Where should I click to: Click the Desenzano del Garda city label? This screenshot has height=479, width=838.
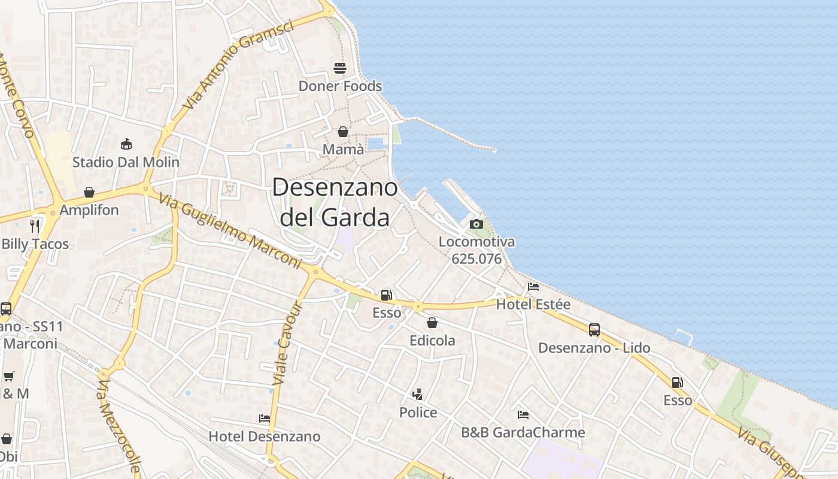pyautogui.click(x=335, y=202)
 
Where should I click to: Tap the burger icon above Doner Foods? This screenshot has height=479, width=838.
pyautogui.click(x=340, y=68)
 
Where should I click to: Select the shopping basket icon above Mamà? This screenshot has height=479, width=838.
pyautogui.click(x=343, y=132)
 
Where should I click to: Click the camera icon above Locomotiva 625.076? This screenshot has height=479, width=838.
pyautogui.click(x=476, y=224)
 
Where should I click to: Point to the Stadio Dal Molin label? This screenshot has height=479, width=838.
pyautogui.click(x=126, y=162)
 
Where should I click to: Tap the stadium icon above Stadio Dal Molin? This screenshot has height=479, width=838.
pyautogui.click(x=126, y=144)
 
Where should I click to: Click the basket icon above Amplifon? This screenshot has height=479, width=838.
pyautogui.click(x=89, y=192)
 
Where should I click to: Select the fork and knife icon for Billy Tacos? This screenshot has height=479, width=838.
pyautogui.click(x=35, y=226)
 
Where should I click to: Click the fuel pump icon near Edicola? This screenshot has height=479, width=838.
pyautogui.click(x=387, y=295)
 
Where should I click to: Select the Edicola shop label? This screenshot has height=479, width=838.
pyautogui.click(x=432, y=341)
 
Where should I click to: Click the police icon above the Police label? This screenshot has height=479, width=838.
pyautogui.click(x=418, y=394)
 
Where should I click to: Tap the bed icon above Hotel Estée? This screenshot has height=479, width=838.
pyautogui.click(x=533, y=286)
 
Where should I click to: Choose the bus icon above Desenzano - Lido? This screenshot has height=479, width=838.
pyautogui.click(x=594, y=329)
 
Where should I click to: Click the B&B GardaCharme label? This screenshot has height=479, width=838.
pyautogui.click(x=523, y=432)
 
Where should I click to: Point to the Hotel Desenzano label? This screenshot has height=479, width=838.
pyautogui.click(x=264, y=436)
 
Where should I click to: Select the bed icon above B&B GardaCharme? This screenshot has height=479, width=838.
pyautogui.click(x=523, y=414)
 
